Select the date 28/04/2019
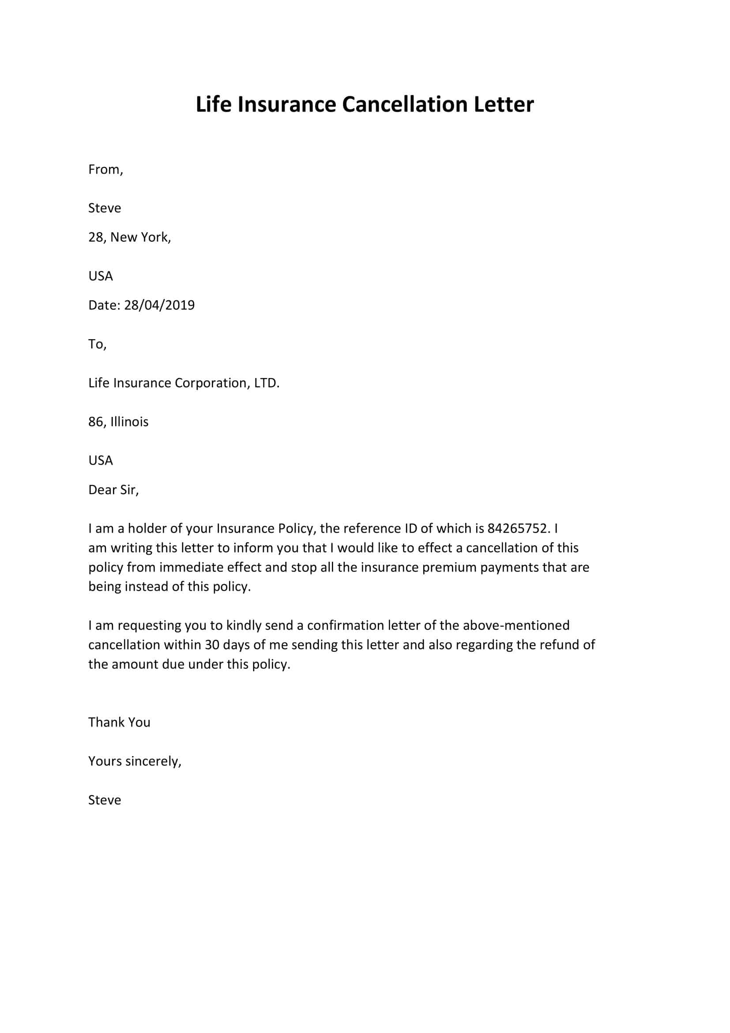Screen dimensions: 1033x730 click(x=159, y=305)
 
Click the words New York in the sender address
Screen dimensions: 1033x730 click(x=139, y=237)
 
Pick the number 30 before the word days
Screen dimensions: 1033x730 click(x=212, y=645)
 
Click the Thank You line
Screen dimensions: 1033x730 click(x=119, y=722)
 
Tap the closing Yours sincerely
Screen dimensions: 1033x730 click(x=135, y=761)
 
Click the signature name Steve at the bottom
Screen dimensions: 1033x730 click(x=104, y=800)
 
